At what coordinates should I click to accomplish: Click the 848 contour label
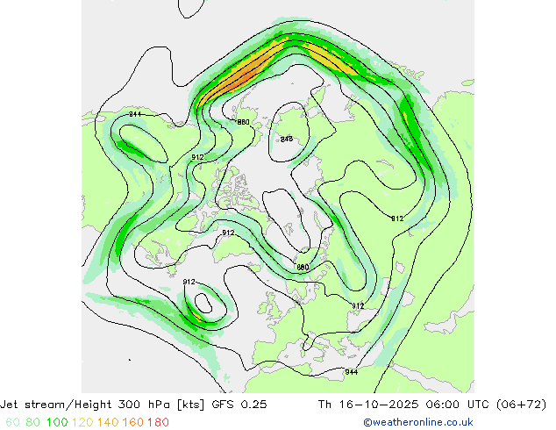pyautogui.click(x=286, y=139)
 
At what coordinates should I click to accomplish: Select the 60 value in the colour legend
pyautogui.click(x=12, y=422)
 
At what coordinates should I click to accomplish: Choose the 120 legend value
pyautogui.click(x=83, y=422)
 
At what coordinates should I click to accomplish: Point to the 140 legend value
pyautogui.click(x=109, y=422)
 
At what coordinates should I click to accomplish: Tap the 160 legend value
pyautogui.click(x=133, y=422)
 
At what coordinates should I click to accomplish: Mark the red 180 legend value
pyautogui.click(x=158, y=422)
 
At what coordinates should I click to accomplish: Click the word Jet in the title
pyautogui.click(x=14, y=405)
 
